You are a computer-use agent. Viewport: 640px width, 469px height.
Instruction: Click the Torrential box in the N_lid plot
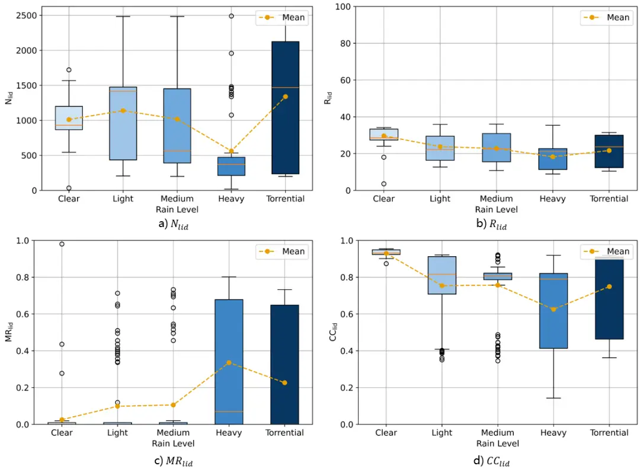[x=285, y=107]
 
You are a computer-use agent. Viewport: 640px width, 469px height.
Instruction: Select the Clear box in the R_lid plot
[x=383, y=134]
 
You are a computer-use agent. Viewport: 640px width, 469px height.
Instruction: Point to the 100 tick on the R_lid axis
[x=347, y=7]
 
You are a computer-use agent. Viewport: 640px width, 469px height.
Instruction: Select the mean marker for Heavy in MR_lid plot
[x=229, y=363]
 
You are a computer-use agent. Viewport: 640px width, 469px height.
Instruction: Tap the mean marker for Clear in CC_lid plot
[x=386, y=253]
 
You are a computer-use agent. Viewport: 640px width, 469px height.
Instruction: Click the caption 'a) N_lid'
[x=172, y=225]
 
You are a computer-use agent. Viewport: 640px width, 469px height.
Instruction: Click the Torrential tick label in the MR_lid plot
[x=285, y=433]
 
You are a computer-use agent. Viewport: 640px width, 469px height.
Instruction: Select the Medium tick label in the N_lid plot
[x=177, y=199]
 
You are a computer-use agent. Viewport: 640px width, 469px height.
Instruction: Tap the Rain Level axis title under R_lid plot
[x=497, y=209]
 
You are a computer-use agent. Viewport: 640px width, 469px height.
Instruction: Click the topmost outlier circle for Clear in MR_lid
[x=62, y=244]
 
